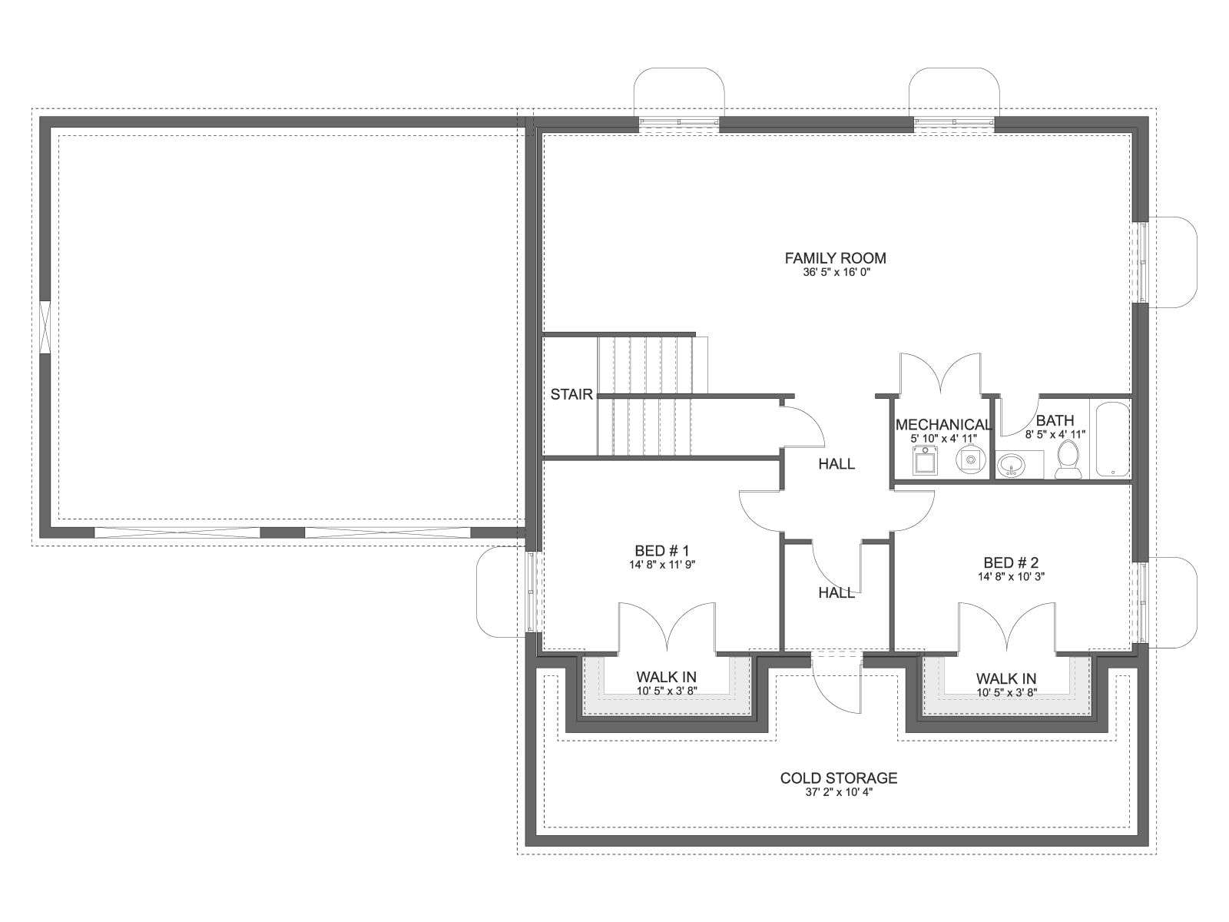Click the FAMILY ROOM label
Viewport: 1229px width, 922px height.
(x=835, y=258)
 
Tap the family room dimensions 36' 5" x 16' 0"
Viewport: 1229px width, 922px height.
(x=835, y=273)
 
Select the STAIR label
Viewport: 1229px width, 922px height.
(x=571, y=395)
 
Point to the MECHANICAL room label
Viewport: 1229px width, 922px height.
(x=943, y=425)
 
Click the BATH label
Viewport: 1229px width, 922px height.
(x=1055, y=420)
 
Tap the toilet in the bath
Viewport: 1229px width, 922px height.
(x=1068, y=459)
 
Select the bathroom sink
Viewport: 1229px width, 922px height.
(x=1011, y=465)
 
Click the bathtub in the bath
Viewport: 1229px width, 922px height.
(x=1112, y=439)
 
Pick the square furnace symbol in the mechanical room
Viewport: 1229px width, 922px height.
(x=926, y=460)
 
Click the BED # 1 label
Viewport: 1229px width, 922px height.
(x=662, y=551)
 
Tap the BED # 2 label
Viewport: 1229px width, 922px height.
(x=1011, y=562)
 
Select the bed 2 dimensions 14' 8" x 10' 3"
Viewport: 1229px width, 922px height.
(x=1011, y=576)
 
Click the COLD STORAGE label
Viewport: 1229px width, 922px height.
(x=839, y=778)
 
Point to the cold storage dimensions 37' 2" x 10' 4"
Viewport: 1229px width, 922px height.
(x=839, y=793)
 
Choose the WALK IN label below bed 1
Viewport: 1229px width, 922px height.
(x=666, y=678)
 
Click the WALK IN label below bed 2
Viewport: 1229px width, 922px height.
(x=1006, y=678)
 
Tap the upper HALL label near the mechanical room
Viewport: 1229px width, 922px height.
(x=836, y=464)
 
